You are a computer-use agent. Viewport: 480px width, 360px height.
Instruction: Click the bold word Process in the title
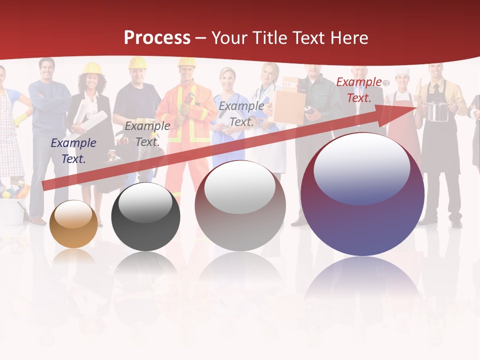157,38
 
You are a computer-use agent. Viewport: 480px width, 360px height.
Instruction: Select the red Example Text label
359,90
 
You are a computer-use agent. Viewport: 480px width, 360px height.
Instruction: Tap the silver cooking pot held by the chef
437,111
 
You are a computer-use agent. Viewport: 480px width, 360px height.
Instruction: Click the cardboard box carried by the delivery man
288,105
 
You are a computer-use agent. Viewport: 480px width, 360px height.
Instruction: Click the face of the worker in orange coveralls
187,74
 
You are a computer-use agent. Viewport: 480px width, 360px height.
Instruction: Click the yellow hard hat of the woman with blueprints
92,68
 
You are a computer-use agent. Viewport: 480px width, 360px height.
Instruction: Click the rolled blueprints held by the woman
90,122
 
